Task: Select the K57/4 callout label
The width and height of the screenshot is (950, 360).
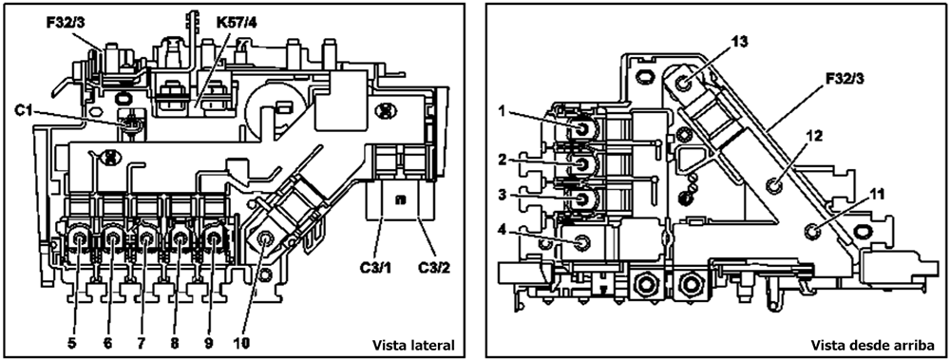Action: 236,26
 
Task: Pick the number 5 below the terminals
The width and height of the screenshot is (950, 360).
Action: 73,343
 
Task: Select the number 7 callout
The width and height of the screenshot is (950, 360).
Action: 142,343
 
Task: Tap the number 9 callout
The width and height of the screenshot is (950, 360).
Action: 208,343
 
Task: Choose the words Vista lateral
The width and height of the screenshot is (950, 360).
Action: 412,346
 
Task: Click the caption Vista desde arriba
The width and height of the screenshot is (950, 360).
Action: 872,346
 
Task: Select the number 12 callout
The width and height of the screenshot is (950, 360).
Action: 815,137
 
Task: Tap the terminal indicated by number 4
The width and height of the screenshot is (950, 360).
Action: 581,242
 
